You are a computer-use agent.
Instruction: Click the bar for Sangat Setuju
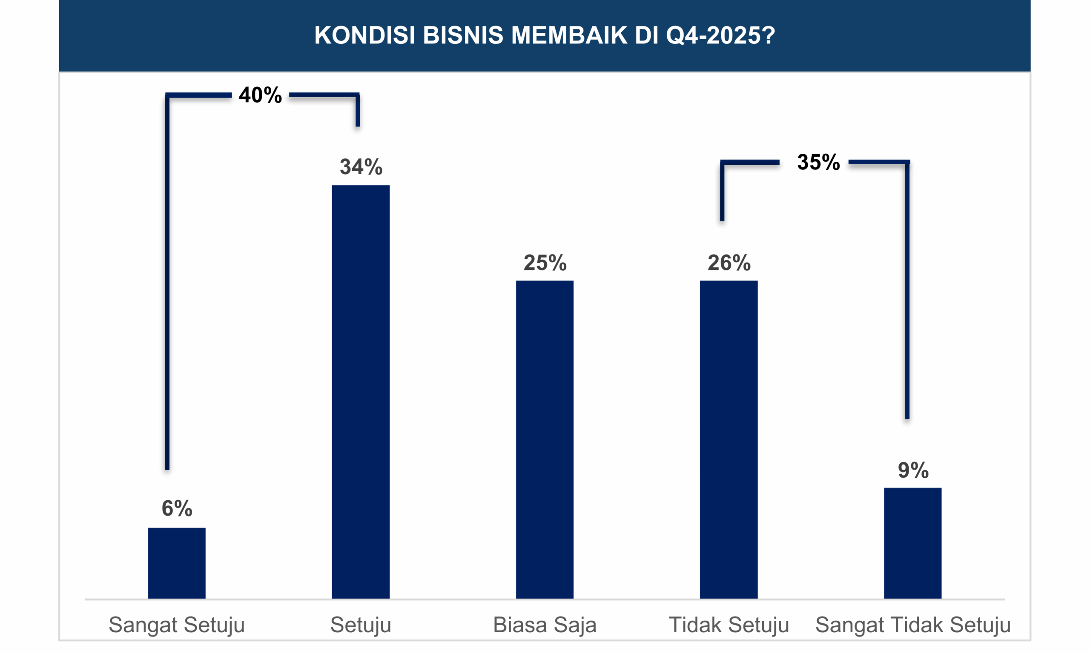click(x=177, y=563)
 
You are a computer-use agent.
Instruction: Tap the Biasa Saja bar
click(x=545, y=439)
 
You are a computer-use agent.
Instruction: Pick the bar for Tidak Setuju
click(x=729, y=439)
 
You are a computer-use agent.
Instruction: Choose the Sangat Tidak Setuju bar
click(x=912, y=543)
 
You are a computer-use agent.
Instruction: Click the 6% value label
click(x=177, y=508)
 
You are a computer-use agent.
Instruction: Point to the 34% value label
click(x=361, y=167)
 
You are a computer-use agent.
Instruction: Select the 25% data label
click(x=545, y=263)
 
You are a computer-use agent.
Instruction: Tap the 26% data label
click(x=729, y=263)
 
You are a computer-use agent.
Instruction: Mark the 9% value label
click(x=913, y=470)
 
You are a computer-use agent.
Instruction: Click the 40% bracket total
click(x=260, y=95)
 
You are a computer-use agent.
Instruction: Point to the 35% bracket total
click(x=818, y=162)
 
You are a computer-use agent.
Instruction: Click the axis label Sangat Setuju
click(x=177, y=625)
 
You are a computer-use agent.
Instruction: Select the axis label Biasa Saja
click(x=545, y=625)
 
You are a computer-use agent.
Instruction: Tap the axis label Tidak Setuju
click(x=729, y=625)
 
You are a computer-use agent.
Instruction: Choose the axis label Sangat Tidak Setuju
click(x=913, y=625)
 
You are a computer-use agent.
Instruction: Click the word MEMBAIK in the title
click(x=569, y=35)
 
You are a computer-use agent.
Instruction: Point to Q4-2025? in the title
click(x=720, y=35)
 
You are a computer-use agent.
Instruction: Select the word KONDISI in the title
click(x=364, y=35)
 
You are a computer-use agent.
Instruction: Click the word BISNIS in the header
click(x=462, y=35)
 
